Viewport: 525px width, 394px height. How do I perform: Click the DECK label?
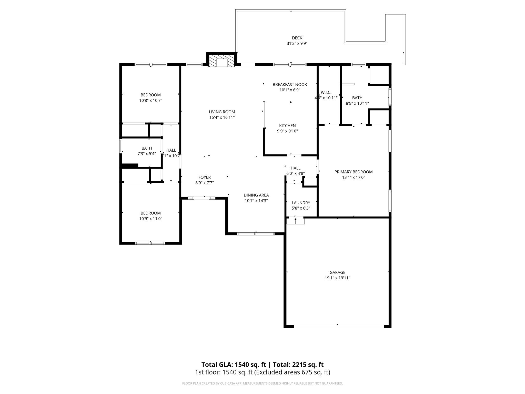pyautogui.click(x=297, y=38)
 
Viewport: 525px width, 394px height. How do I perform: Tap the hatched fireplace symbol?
pyautogui.click(x=221, y=61)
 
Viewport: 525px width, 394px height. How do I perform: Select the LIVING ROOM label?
pyautogui.click(x=222, y=112)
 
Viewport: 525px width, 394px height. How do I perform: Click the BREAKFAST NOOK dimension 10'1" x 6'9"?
pyautogui.click(x=290, y=90)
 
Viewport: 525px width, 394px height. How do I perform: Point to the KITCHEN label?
pyautogui.click(x=287, y=125)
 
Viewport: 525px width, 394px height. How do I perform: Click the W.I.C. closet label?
pyautogui.click(x=326, y=92)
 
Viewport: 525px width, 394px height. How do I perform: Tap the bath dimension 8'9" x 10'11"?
pyautogui.click(x=357, y=103)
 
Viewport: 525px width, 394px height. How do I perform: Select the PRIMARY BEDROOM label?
pyautogui.click(x=353, y=172)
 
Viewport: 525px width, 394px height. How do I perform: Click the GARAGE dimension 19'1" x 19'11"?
pyautogui.click(x=337, y=278)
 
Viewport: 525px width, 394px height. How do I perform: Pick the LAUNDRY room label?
pyautogui.click(x=301, y=203)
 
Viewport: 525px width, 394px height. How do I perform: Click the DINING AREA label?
pyautogui.click(x=256, y=195)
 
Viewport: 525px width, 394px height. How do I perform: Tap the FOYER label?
pyautogui.click(x=205, y=177)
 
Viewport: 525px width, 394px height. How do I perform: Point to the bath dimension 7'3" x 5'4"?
pyautogui.click(x=147, y=154)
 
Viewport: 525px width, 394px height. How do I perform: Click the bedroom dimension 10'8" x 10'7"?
pyautogui.click(x=150, y=101)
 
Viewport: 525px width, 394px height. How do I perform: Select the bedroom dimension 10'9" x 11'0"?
pyautogui.click(x=150, y=219)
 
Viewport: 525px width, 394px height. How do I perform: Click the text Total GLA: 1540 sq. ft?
pyautogui.click(x=234, y=365)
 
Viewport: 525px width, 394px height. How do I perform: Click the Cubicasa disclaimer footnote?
pyautogui.click(x=262, y=383)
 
